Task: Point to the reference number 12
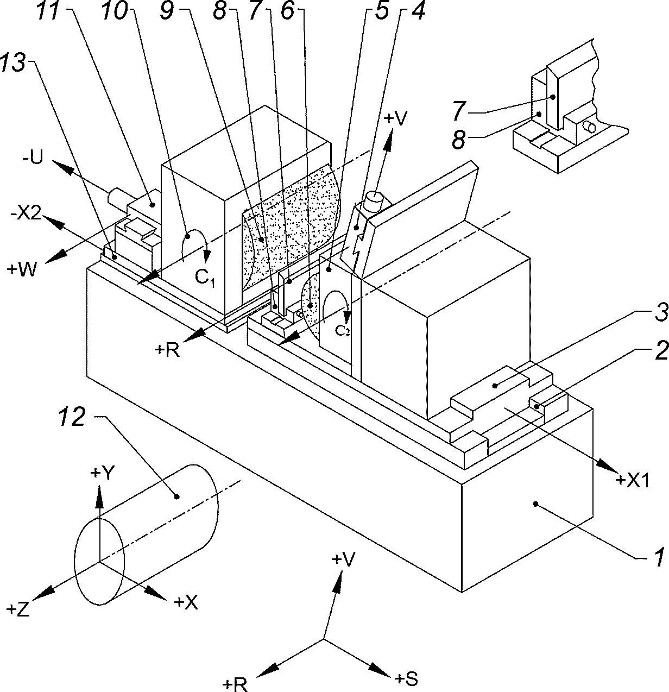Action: tap(72, 417)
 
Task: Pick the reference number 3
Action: tap(661, 313)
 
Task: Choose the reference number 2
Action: tap(661, 350)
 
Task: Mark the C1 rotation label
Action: tap(205, 277)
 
